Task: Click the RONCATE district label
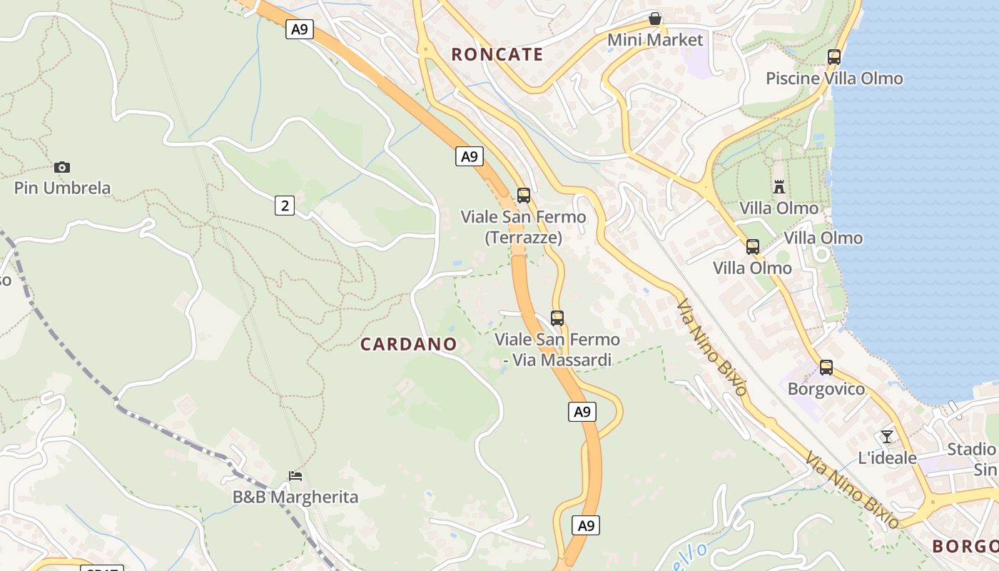[497, 54]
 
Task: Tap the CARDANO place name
[408, 344]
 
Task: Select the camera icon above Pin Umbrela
[62, 167]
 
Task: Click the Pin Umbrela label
[63, 188]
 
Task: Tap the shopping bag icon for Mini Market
[654, 19]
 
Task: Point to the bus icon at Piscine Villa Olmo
[833, 57]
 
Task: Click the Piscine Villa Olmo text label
[834, 79]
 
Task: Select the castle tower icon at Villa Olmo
[779, 187]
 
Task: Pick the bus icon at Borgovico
[826, 368]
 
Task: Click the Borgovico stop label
[826, 389]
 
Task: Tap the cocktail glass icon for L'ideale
[887, 436]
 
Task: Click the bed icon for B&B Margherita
[295, 475]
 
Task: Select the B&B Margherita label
[295, 497]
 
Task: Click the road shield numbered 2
[285, 206]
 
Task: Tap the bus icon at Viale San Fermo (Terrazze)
[523, 196]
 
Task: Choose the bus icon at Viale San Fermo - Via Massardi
[557, 318]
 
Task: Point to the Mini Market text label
[655, 40]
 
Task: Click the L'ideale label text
[887, 458]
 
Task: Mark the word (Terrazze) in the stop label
[523, 237]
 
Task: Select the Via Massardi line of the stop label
[557, 360]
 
